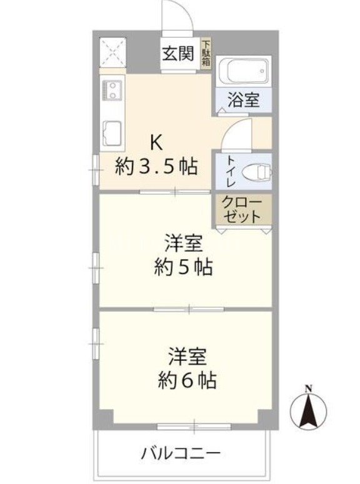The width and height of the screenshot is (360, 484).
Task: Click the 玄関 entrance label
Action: pyautogui.click(x=178, y=54)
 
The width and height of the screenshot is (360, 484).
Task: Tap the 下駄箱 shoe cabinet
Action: pyautogui.click(x=206, y=53)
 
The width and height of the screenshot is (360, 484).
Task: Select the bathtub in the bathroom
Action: pyautogui.click(x=243, y=71)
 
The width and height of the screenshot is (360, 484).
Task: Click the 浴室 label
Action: pyautogui.click(x=244, y=100)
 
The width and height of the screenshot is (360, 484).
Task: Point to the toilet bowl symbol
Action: pyautogui.click(x=257, y=172)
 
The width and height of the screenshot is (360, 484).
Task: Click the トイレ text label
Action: pyautogui.click(x=231, y=171)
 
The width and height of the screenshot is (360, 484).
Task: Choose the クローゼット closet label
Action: pyautogui.click(x=242, y=210)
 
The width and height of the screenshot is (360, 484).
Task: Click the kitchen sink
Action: pyautogui.click(x=111, y=134)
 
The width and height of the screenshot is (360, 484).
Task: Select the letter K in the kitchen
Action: pyautogui.click(x=156, y=143)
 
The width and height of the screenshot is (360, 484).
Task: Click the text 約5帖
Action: pyautogui.click(x=183, y=267)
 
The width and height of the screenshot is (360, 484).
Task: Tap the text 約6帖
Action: pyautogui.click(x=187, y=380)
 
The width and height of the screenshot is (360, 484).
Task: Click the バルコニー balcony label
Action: pyautogui.click(x=181, y=454)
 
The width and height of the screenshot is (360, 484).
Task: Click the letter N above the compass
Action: pyautogui.click(x=308, y=388)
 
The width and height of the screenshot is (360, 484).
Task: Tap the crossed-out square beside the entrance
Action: pyautogui.click(x=112, y=52)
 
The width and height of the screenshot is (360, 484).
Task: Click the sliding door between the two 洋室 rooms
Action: pyautogui.click(x=189, y=309)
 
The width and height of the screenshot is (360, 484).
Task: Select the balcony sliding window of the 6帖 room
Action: pyautogui.click(x=194, y=427)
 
